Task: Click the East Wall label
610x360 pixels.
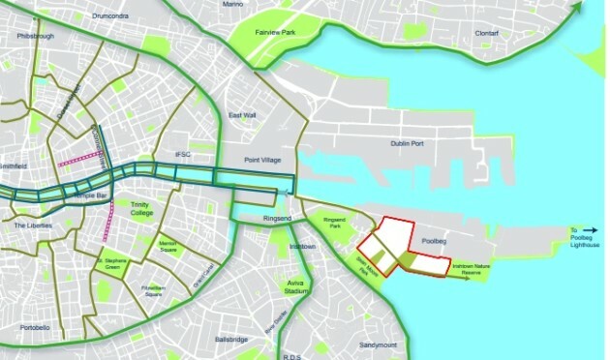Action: [x=243, y=116]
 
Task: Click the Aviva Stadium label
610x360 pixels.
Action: [x=295, y=285]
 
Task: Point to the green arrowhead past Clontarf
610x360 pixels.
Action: [x=579, y=8]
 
